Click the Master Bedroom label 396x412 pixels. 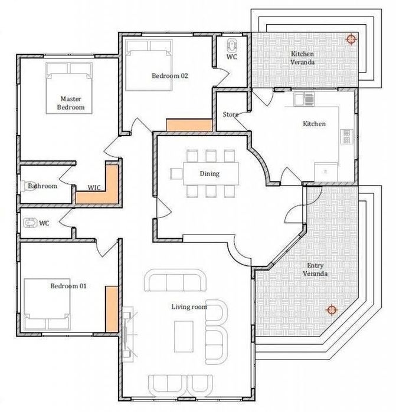[71, 103]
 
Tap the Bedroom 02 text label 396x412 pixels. [169, 75]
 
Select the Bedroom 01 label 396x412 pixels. [68, 286]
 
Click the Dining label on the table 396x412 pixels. [210, 173]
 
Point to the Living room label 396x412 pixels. [189, 306]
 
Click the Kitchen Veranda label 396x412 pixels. [302, 58]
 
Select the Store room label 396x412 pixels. [230, 114]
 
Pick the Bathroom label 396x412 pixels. [42, 186]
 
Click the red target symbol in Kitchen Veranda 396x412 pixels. [351, 39]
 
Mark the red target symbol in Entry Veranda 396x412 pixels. [332, 309]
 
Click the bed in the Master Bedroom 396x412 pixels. [71, 87]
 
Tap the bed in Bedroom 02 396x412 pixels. [149, 65]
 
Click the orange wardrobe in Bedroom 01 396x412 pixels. [110, 308]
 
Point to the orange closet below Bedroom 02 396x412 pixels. [189, 125]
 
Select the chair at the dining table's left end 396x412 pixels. [176, 173]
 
